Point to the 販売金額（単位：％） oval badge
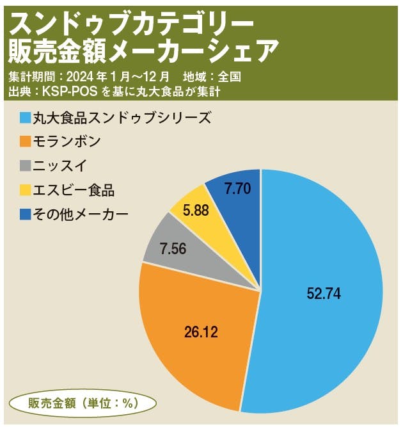(83, 403)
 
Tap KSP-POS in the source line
(70, 92)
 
